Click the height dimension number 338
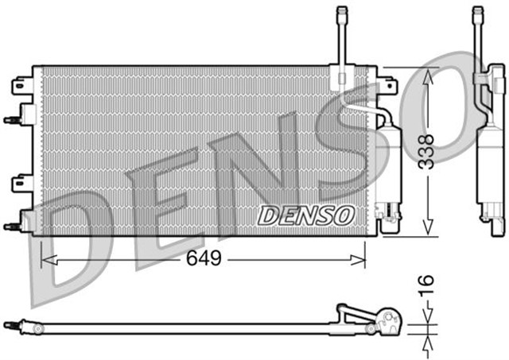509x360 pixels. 427,150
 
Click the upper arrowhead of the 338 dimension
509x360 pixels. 428,75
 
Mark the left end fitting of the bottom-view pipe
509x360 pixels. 11,325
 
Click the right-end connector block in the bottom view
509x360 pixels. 387,321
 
